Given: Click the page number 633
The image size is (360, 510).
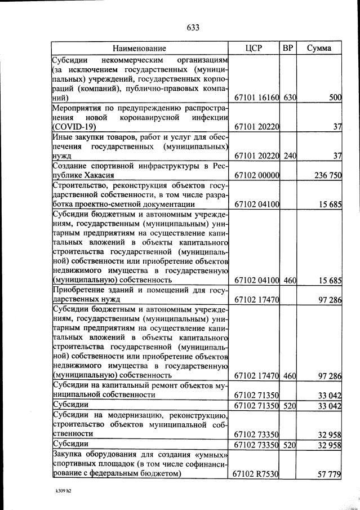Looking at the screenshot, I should coord(193,27).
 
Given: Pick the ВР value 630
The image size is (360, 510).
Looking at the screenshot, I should coord(290,98).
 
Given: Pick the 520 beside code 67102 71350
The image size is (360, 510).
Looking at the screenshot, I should coord(290,405).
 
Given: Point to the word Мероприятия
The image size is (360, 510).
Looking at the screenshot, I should coord(81,108).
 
